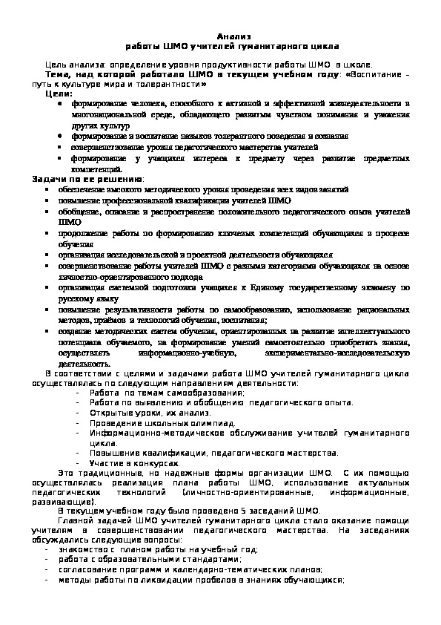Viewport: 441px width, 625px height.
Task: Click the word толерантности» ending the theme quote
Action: [174, 85]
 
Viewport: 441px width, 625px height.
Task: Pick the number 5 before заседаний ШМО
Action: [226, 510]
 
